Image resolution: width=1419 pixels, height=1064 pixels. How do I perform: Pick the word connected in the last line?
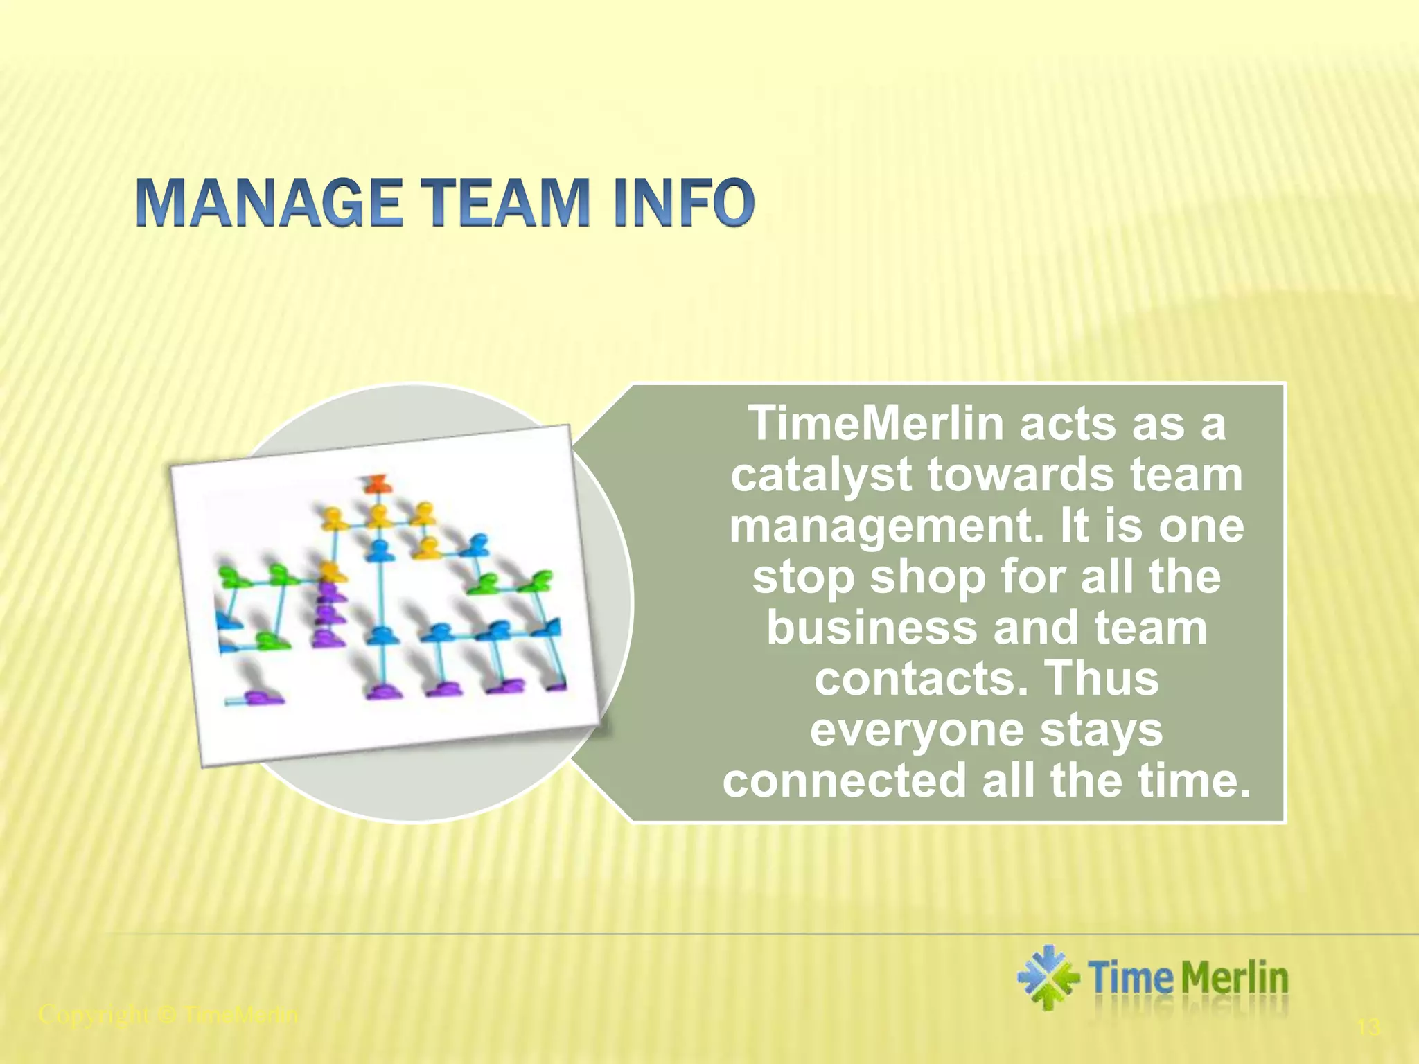pyautogui.click(x=844, y=780)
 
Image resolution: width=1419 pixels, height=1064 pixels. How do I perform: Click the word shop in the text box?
pyautogui.click(x=928, y=576)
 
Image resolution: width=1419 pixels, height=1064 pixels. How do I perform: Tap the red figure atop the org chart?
pyautogui.click(x=377, y=483)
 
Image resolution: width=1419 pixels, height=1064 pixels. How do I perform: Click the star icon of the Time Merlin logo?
pyautogui.click(x=1048, y=977)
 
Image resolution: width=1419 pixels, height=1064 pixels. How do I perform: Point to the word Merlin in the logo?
pyautogui.click(x=1234, y=978)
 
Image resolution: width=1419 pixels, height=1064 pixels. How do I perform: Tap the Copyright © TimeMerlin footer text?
pyautogui.click(x=168, y=1015)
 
